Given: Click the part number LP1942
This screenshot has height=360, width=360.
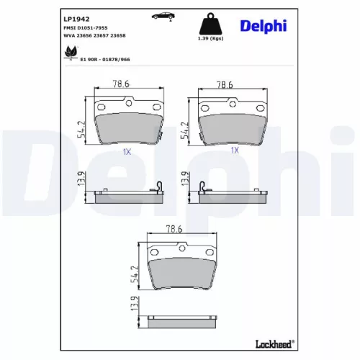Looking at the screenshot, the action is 76,19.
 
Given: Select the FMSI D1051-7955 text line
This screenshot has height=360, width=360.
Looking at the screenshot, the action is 86,28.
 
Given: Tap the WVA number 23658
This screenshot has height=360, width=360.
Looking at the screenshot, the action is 119,35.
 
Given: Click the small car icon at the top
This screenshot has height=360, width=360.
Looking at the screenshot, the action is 163,16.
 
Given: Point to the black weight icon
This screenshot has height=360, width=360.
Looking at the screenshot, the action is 210,24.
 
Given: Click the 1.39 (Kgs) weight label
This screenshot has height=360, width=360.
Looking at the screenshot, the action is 210,38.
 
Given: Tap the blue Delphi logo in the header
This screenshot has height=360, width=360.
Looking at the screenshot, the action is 264,26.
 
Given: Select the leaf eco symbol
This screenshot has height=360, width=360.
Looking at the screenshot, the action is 71,52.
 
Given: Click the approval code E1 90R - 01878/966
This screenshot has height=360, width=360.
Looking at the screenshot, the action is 105,60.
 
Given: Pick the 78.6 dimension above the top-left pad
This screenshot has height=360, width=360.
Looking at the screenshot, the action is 121,84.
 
